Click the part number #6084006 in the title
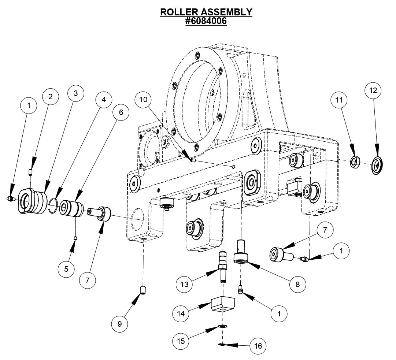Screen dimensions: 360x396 (x=206, y=21)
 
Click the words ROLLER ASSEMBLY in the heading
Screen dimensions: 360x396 (x=206, y=12)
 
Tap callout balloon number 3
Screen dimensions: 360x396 (x=75, y=93)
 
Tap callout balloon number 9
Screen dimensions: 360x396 (x=121, y=324)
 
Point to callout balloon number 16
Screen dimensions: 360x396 (x=258, y=345)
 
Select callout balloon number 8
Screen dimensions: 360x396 (x=297, y=283)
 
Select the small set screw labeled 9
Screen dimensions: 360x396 (x=144, y=291)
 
